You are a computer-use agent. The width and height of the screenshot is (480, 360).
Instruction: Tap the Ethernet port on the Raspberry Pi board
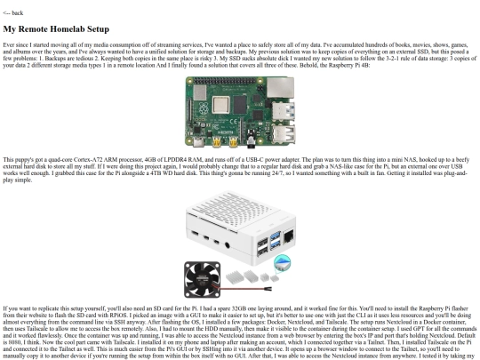coord(281,88)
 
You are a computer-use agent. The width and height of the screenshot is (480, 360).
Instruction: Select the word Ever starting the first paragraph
coord(9,44)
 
